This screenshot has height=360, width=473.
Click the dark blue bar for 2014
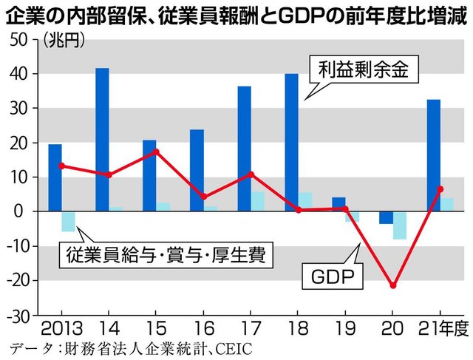pyautogui.click(x=102, y=140)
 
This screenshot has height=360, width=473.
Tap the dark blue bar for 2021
pyautogui.click(x=434, y=155)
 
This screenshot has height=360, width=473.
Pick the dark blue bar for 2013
pyautogui.click(x=55, y=177)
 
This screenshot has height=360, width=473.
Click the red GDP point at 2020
pyautogui.click(x=394, y=285)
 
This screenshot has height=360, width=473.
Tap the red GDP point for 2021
pyautogui.click(x=441, y=189)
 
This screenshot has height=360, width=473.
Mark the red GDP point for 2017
pyautogui.click(x=251, y=174)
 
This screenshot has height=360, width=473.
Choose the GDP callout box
pyautogui.click(x=332, y=278)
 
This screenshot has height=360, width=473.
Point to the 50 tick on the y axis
pyautogui.click(x=16, y=40)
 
